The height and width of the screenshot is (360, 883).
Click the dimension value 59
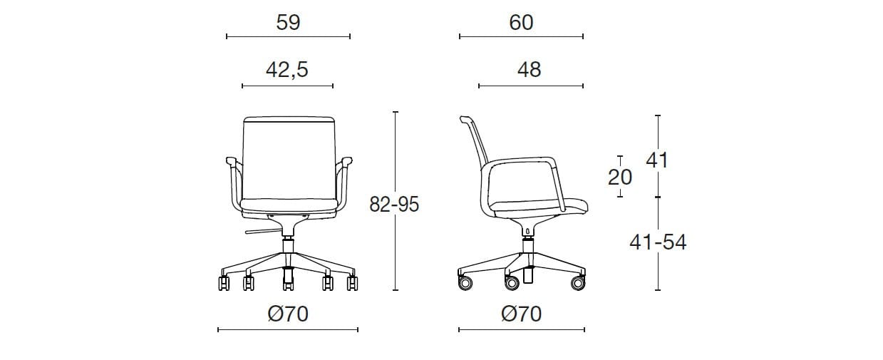288,23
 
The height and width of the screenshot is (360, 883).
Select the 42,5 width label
287,70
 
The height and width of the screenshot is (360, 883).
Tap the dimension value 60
521,23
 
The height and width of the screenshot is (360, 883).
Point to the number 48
529,70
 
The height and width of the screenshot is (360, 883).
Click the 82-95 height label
394,205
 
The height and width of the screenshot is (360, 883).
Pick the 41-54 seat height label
658,242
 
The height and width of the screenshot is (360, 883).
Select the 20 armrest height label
620,177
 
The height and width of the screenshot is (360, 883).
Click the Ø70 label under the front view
288,314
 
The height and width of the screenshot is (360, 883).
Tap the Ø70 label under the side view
521,314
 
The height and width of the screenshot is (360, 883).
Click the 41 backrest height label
657,160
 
